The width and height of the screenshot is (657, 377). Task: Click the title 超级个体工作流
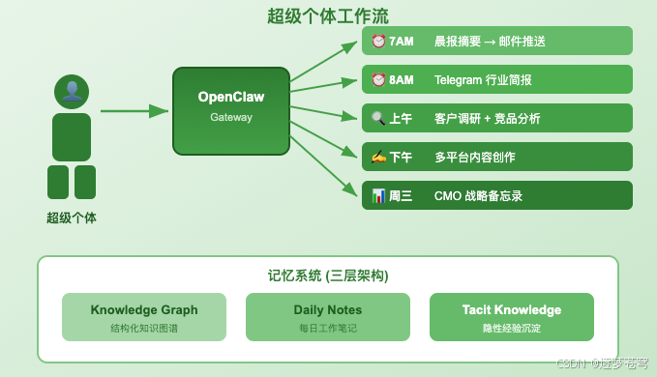[x=328, y=16]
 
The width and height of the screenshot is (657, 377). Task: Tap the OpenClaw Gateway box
[x=231, y=110]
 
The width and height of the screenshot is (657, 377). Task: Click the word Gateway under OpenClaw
[x=231, y=118]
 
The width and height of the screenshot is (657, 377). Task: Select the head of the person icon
[x=72, y=92]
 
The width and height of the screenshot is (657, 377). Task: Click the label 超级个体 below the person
[x=72, y=217]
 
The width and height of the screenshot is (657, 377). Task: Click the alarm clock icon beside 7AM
[x=378, y=41]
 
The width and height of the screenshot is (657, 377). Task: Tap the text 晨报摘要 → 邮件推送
[x=490, y=41]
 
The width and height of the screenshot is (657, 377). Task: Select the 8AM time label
[x=401, y=79]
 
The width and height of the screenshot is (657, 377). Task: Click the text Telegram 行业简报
[x=483, y=79]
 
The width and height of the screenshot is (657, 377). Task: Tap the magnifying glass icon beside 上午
[x=378, y=118]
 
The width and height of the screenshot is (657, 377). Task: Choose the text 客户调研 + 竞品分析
[x=488, y=118]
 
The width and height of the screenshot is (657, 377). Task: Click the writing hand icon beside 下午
[x=378, y=157]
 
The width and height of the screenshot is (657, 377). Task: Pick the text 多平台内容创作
[x=475, y=157]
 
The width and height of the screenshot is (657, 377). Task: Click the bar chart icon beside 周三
[x=378, y=195]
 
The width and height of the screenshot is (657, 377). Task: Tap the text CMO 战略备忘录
[x=478, y=195]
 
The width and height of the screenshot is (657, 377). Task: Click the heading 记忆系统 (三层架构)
[x=328, y=275]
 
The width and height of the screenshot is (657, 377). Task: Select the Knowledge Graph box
[x=144, y=317]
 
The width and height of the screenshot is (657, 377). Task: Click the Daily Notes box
[x=328, y=317]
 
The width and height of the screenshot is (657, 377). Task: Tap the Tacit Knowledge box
[x=512, y=317]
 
